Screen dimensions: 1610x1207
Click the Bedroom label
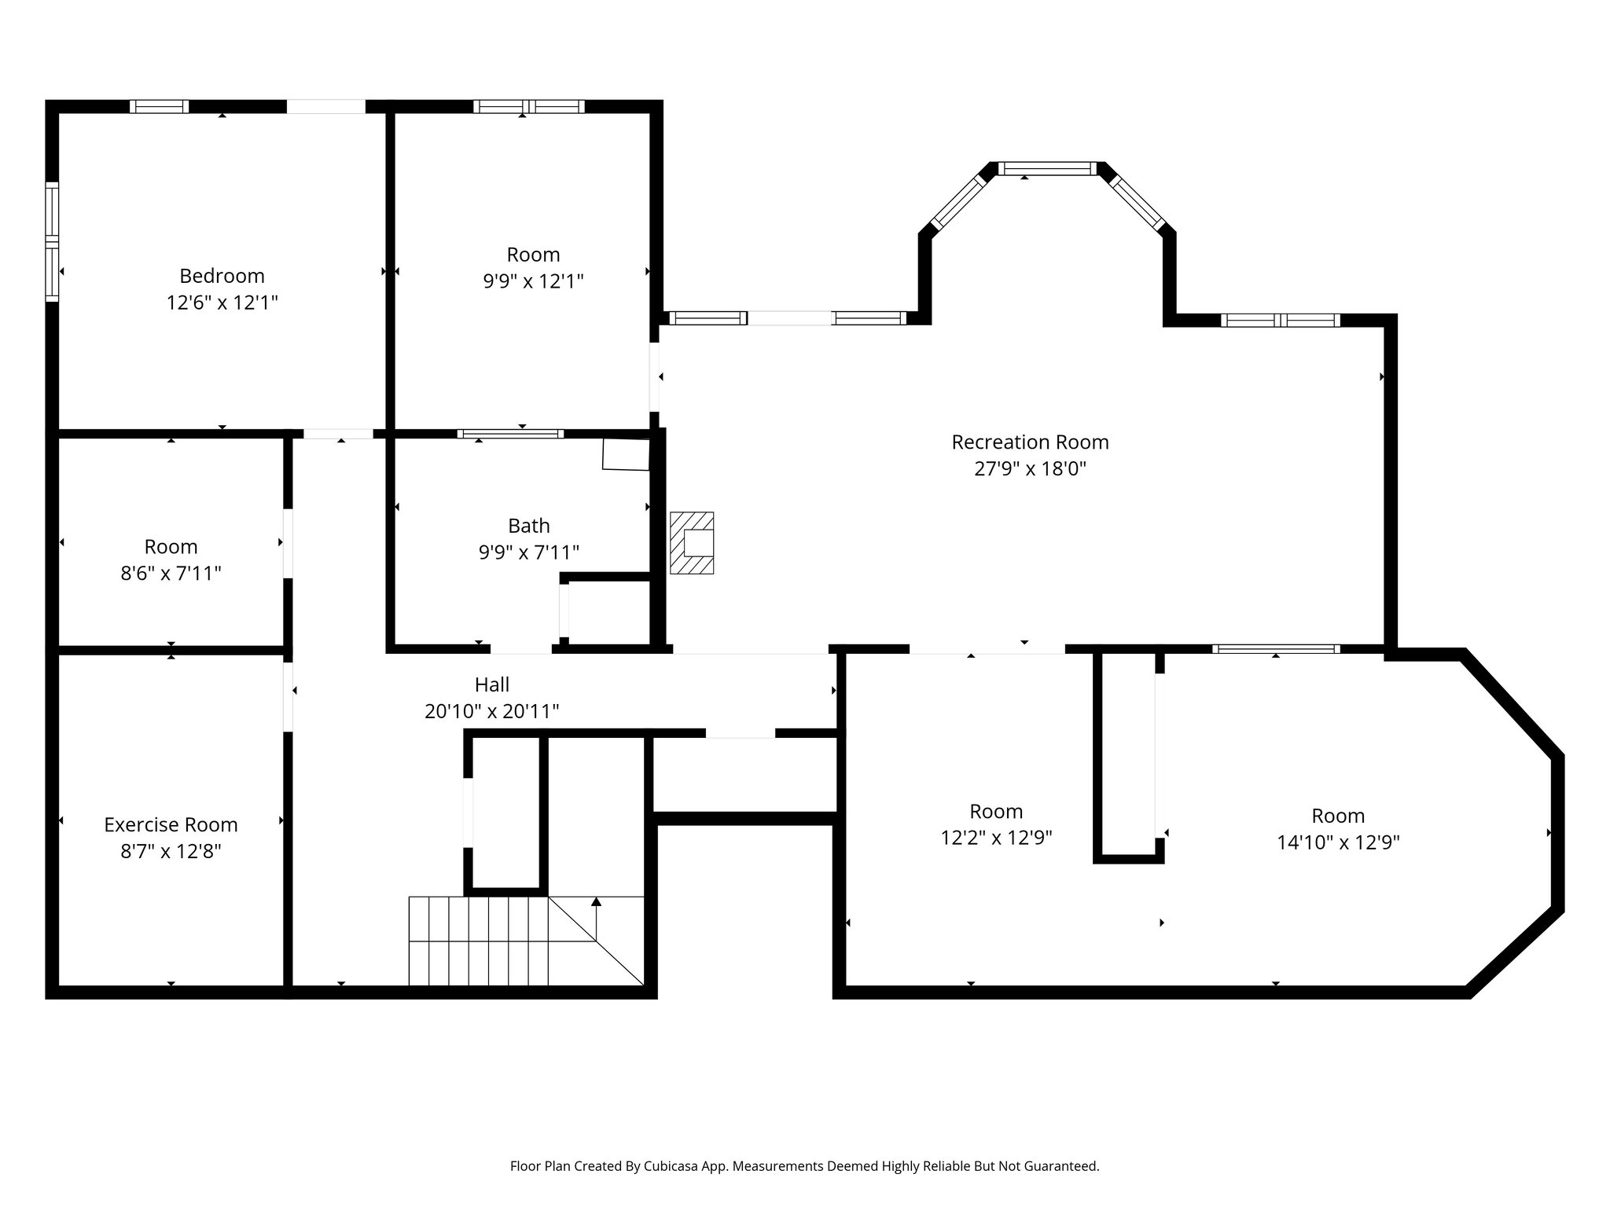coord(222,276)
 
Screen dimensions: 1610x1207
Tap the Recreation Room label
coord(1030,442)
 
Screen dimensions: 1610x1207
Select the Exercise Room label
coord(171,825)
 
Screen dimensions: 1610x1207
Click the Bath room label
coord(529,526)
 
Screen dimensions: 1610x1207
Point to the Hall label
coord(492,684)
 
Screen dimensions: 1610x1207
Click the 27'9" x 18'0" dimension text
coord(1030,469)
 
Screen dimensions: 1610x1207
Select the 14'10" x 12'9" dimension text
coord(1338,842)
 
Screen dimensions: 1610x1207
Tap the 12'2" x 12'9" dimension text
coord(996,838)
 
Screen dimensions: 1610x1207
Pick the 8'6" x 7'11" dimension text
coord(171,574)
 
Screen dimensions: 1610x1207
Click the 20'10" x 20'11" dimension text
coord(492,711)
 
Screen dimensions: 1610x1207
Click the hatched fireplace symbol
coord(692,543)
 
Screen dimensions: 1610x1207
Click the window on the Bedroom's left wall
coord(52,241)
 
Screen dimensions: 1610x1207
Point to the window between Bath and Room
coord(510,433)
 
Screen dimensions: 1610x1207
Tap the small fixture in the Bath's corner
coord(626,454)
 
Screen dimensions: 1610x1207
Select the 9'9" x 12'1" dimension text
coord(533,281)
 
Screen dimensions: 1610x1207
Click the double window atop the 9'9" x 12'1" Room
coord(528,107)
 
